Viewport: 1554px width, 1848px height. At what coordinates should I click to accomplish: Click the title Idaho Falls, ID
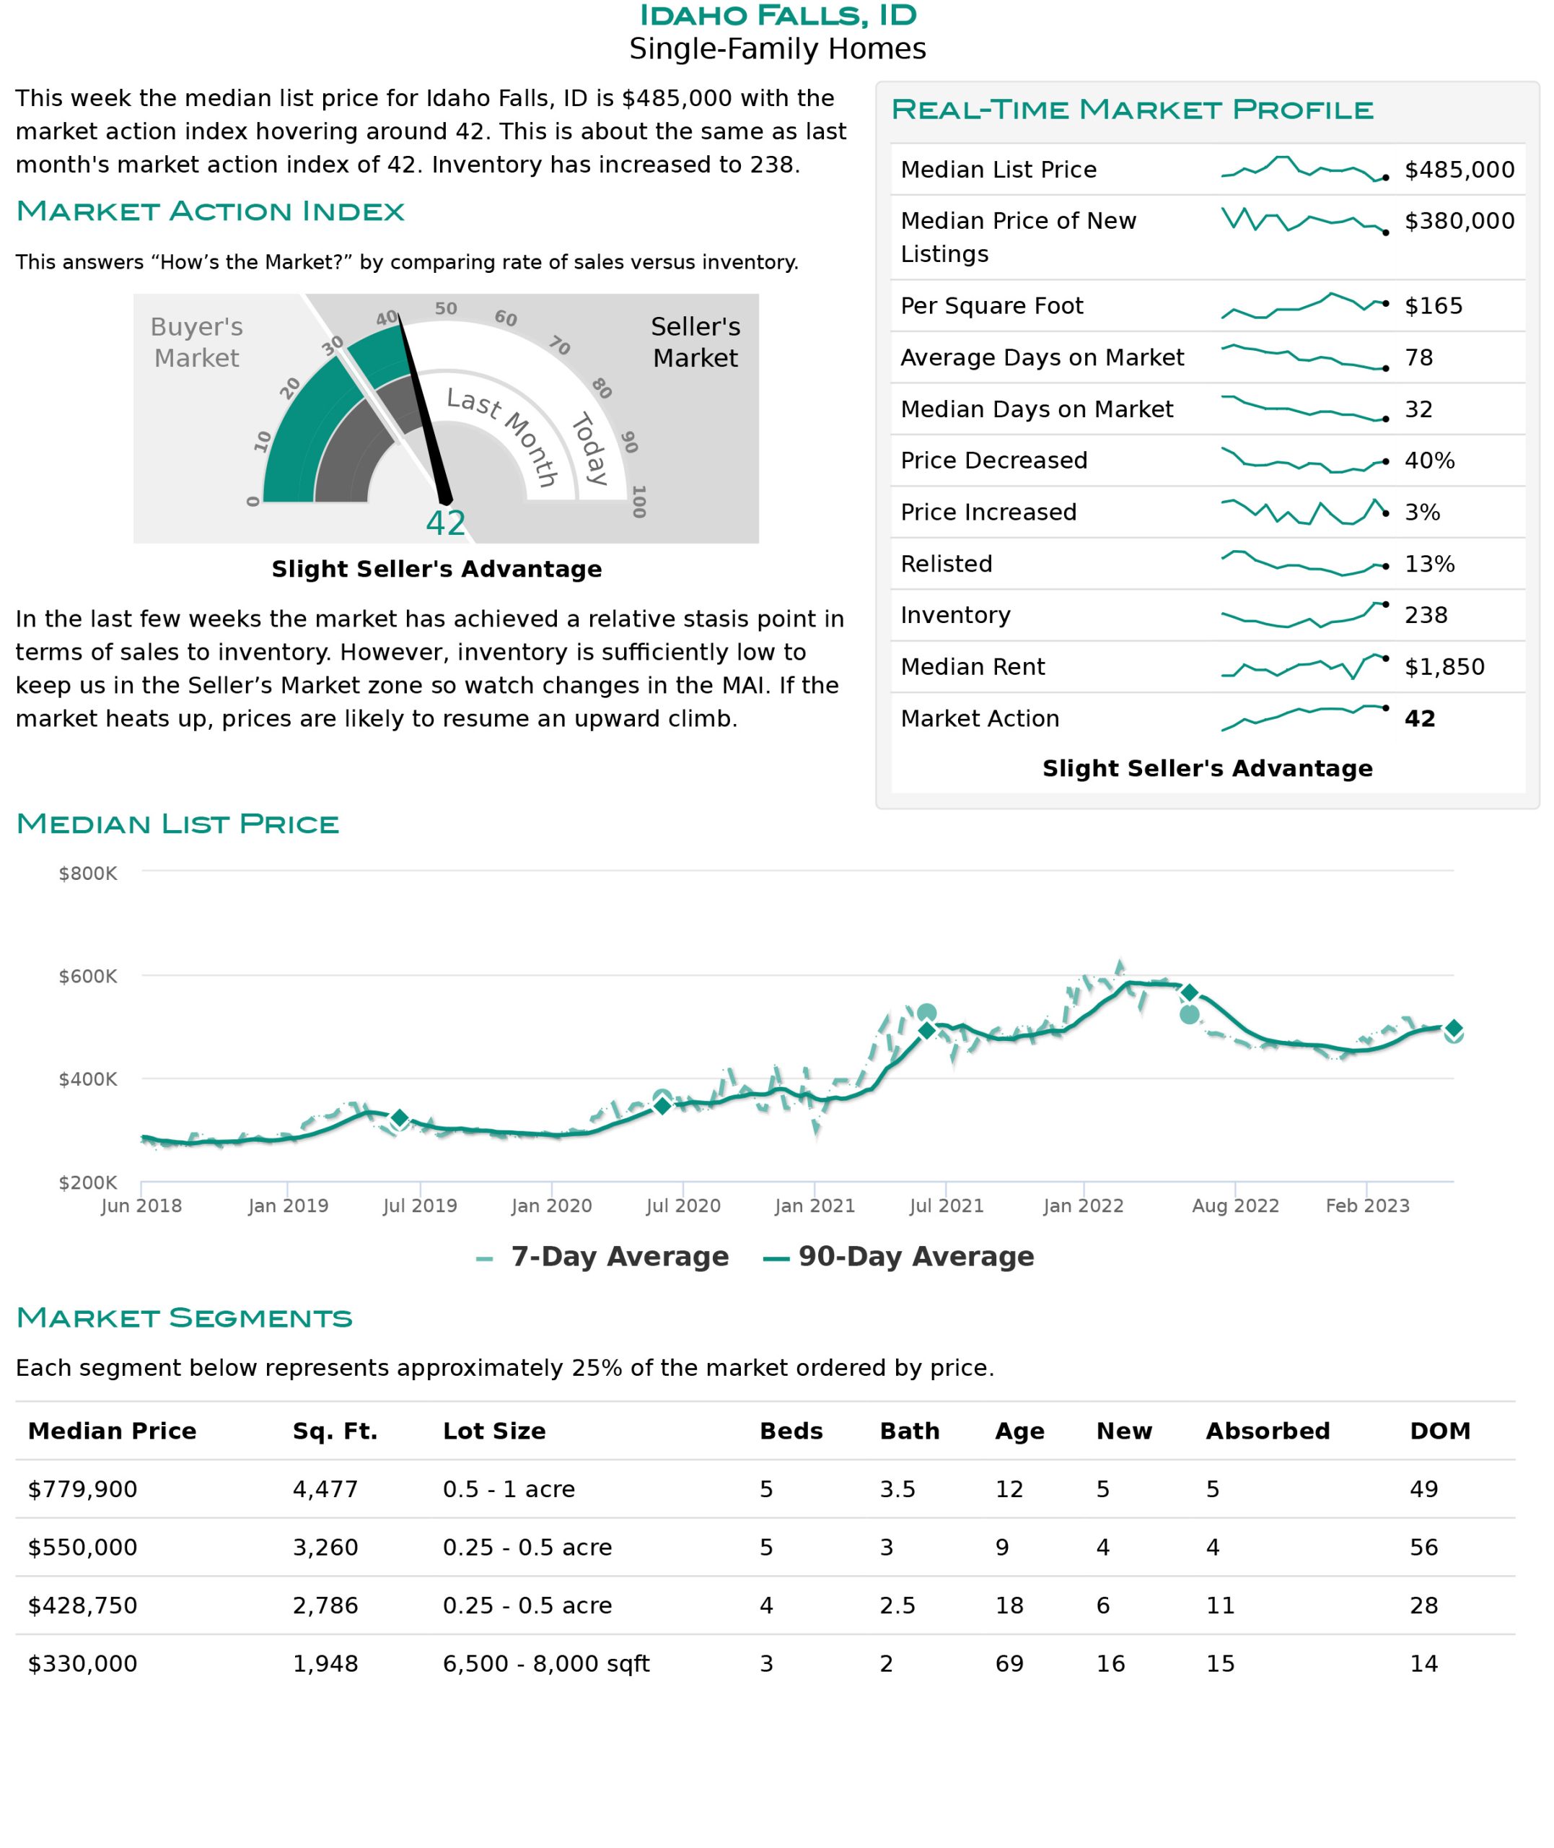coord(777,16)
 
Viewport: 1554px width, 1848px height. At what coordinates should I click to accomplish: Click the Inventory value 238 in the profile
coord(1426,615)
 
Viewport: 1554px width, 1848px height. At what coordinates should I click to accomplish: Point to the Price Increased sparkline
coord(1304,512)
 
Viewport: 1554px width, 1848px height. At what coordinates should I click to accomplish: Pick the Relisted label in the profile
coord(946,564)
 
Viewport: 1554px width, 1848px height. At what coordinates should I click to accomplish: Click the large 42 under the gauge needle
coord(445,523)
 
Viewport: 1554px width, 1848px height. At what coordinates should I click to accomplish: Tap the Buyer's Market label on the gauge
coord(196,342)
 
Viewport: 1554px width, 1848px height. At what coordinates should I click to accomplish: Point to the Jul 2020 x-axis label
coord(682,1206)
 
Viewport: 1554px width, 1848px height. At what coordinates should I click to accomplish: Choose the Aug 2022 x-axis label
coord(1235,1206)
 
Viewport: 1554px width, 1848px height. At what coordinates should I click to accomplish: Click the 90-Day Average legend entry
coord(899,1257)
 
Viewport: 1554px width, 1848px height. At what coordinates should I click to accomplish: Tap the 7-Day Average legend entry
coord(602,1257)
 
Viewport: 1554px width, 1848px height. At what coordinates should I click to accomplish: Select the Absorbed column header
coord(1268,1431)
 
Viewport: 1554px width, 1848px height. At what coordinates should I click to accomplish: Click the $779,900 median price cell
coord(83,1489)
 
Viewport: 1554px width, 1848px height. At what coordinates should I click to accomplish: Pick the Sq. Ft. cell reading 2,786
coord(325,1605)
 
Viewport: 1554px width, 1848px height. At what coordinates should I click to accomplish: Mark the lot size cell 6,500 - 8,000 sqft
coord(546,1664)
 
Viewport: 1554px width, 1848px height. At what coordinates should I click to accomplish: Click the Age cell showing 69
coord(1009,1664)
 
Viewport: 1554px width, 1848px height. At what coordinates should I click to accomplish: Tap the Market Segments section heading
coord(184,1317)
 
